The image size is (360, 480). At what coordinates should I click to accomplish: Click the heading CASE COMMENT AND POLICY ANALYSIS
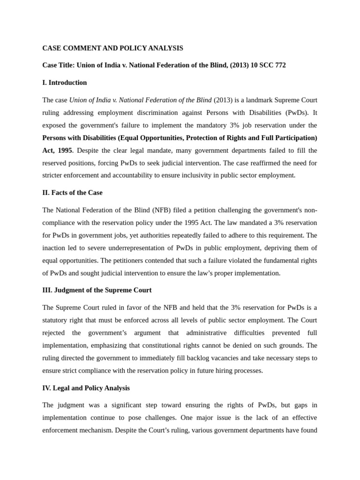(x=112, y=48)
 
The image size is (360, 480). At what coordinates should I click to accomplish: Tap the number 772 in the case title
(x=280, y=66)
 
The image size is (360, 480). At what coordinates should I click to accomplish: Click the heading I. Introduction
(x=65, y=83)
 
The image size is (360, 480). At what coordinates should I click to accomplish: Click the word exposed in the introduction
(x=55, y=126)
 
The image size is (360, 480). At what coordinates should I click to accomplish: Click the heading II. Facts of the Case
(x=72, y=193)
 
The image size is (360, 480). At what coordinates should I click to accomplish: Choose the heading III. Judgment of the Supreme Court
(x=97, y=290)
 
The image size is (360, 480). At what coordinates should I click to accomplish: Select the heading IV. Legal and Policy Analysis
(x=86, y=388)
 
